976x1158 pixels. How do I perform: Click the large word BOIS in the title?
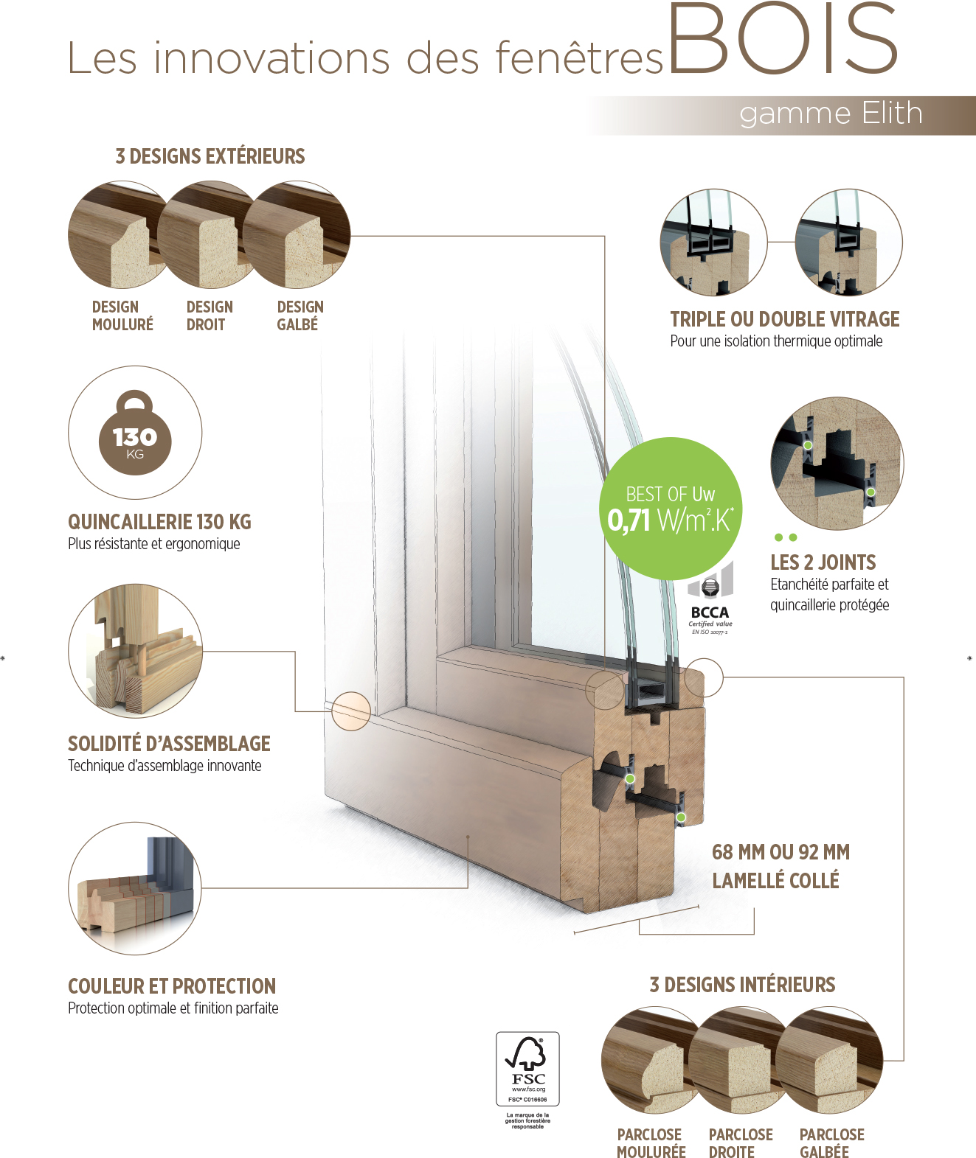click(x=783, y=40)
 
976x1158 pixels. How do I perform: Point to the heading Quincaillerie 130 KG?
click(x=159, y=522)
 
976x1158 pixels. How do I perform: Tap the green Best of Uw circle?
click(x=670, y=508)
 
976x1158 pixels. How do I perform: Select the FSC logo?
click(x=527, y=1069)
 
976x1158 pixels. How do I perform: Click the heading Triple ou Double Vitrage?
click(x=784, y=319)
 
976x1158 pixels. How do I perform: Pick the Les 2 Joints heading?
click(x=823, y=562)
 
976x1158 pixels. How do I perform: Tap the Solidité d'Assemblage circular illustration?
click(x=135, y=651)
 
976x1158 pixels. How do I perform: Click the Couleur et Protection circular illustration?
click(x=135, y=888)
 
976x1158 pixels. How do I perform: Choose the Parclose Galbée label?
click(x=831, y=1143)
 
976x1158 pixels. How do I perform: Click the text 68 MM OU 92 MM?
click(x=781, y=853)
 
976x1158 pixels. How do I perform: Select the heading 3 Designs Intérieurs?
click(x=742, y=985)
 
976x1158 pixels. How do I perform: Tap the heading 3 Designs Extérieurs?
click(x=210, y=156)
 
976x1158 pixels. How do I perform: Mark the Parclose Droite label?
click(x=741, y=1143)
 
